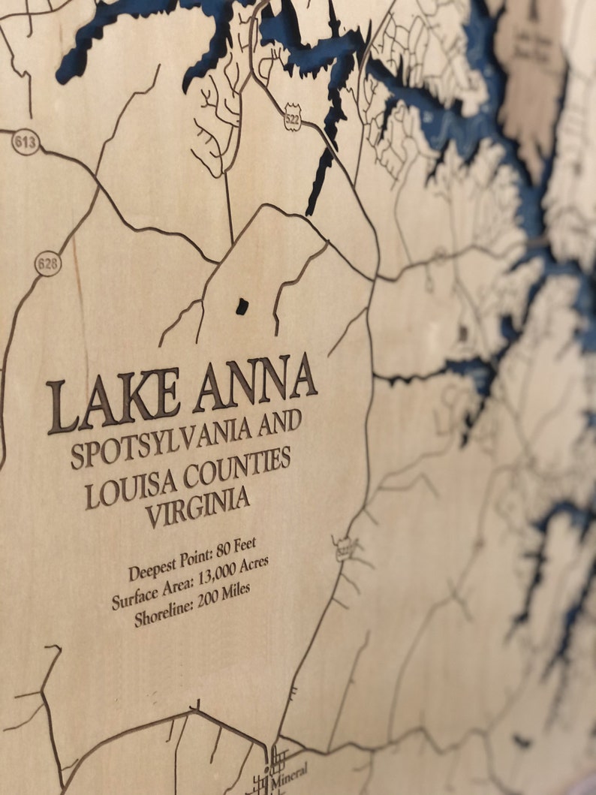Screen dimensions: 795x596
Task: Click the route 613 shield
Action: pyautogui.click(x=26, y=143)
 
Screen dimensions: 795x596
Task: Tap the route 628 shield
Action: pyautogui.click(x=48, y=263)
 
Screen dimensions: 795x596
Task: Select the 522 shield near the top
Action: pyautogui.click(x=293, y=120)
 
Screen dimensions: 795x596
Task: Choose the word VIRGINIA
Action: pyautogui.click(x=197, y=505)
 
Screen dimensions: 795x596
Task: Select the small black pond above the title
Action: pyautogui.click(x=242, y=306)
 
